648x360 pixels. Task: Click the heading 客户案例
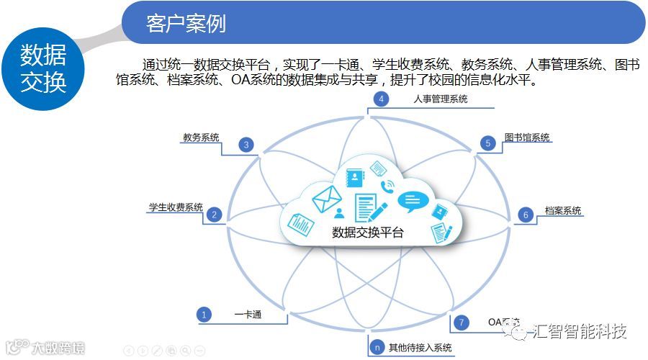186,23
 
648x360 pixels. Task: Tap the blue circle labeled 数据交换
43,68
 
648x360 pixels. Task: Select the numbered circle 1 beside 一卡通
204,315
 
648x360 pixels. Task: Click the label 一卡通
248,315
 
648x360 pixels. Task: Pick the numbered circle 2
214,215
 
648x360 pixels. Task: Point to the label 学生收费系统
176,207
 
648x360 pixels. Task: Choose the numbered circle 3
246,145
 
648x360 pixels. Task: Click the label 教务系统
201,138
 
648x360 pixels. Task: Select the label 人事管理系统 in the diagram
441,99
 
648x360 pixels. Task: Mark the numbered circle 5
487,143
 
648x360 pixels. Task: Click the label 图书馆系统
527,138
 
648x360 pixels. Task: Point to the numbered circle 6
526,215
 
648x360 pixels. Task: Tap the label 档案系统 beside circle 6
563,211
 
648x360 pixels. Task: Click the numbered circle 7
462,322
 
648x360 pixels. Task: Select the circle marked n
376,348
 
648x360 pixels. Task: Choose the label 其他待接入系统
420,348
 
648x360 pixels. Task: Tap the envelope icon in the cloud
325,197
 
